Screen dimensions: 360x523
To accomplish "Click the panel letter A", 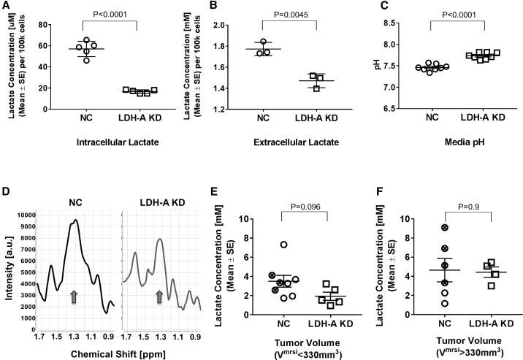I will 7,7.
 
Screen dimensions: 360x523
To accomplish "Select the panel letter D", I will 7,194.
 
